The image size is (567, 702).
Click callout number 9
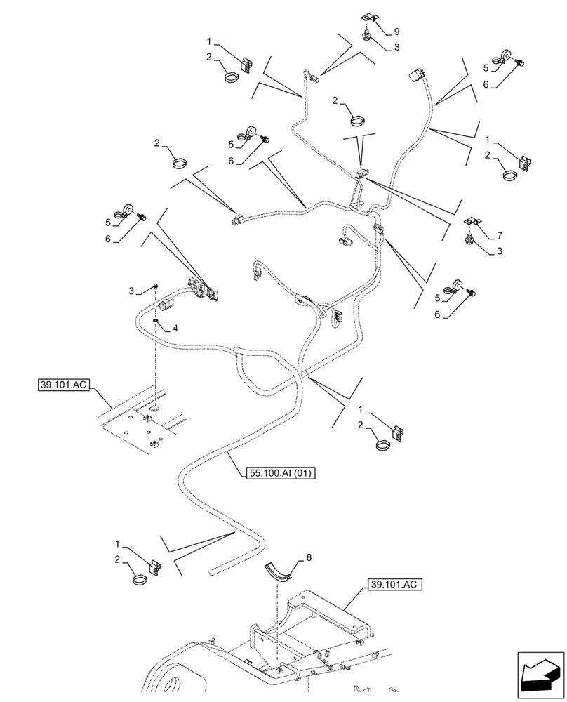pos(396,32)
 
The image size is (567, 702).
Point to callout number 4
pos(175,328)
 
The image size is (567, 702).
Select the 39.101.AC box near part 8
pos(393,584)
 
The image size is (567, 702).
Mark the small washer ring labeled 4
pos(157,322)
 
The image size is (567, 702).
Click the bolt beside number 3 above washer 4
pos(156,286)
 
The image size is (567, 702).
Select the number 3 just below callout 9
pos(396,47)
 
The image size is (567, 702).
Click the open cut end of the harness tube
pos(211,574)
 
